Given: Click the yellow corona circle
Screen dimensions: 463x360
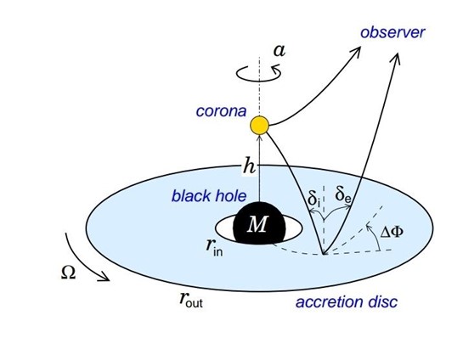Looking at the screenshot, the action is pyautogui.click(x=260, y=125).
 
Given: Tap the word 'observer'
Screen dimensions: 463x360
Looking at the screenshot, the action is pyautogui.click(x=392, y=32).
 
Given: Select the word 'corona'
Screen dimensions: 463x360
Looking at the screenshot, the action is pyautogui.click(x=221, y=111).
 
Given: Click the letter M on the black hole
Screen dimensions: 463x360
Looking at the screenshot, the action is pyautogui.click(x=258, y=224).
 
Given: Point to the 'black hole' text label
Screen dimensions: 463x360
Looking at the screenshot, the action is pyautogui.click(x=209, y=195).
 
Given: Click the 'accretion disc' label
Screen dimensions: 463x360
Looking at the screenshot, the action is pyautogui.click(x=347, y=302).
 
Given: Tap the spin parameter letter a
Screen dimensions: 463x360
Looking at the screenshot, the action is pyautogui.click(x=279, y=50).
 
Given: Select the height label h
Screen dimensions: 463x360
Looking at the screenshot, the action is pyautogui.click(x=249, y=166).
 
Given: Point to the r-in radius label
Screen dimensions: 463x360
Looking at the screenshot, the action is pyautogui.click(x=214, y=248).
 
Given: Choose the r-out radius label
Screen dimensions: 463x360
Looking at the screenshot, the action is pyautogui.click(x=191, y=300).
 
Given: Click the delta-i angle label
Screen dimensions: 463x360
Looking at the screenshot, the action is pyautogui.click(x=313, y=199).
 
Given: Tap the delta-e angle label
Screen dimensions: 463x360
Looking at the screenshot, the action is pyautogui.click(x=343, y=194).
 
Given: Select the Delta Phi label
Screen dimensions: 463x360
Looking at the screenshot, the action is pyautogui.click(x=392, y=232).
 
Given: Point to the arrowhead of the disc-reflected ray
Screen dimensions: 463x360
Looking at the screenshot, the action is pyautogui.click(x=396, y=57).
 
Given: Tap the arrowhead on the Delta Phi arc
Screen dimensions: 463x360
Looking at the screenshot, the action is pyautogui.click(x=368, y=228).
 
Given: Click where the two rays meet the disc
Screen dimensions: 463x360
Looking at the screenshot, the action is pyautogui.click(x=324, y=254).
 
